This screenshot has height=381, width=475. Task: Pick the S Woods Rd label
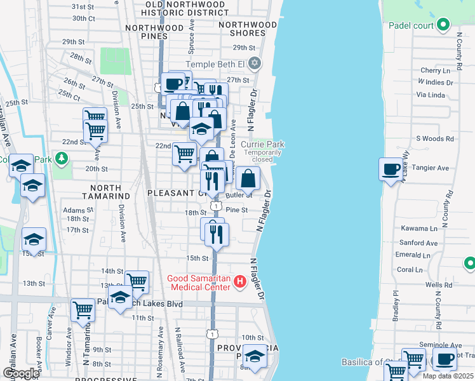435,138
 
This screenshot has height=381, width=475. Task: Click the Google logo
21,373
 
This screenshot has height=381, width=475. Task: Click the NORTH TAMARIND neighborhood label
101,192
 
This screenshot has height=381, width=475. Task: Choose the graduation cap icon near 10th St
255,357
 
